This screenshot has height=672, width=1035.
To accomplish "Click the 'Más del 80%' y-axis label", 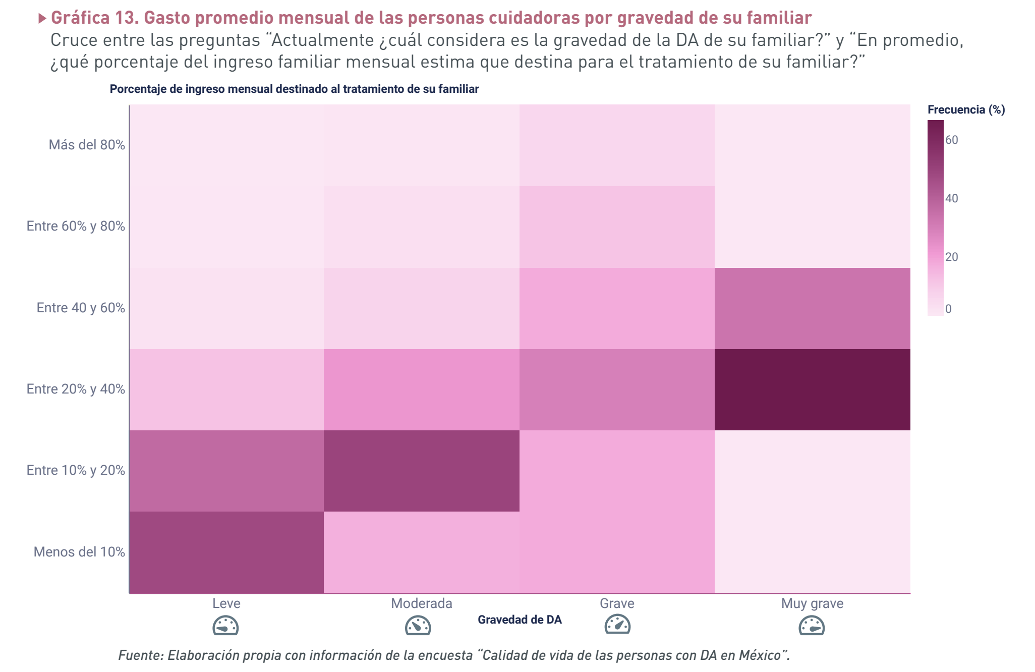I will pyautogui.click(x=87, y=145).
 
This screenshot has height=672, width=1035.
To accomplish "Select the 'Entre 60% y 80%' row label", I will pyautogui.click(x=76, y=226).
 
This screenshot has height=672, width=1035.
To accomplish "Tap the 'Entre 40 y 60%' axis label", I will pyautogui.click(x=81, y=308).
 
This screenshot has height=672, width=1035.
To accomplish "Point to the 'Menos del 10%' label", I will pyautogui.click(x=79, y=552).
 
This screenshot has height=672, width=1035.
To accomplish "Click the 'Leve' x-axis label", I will pyautogui.click(x=226, y=603).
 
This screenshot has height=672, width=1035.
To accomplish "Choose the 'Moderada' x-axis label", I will pyautogui.click(x=421, y=603).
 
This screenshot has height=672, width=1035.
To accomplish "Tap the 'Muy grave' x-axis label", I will pyautogui.click(x=812, y=603).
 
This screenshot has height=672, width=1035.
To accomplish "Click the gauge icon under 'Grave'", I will pyautogui.click(x=617, y=625).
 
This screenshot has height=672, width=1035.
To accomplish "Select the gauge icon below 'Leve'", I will pyautogui.click(x=225, y=626).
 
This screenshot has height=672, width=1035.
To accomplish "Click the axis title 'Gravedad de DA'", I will pyautogui.click(x=520, y=620).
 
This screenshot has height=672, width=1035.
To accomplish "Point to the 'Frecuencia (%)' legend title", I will pyautogui.click(x=966, y=109).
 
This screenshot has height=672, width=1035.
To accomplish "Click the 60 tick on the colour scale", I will pyautogui.click(x=952, y=140).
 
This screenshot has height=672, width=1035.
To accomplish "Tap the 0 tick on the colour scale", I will pyautogui.click(x=948, y=309).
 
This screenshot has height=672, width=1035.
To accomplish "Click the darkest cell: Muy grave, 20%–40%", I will pyautogui.click(x=812, y=389).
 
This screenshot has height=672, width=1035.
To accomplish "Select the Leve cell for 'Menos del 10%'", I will pyautogui.click(x=226, y=552).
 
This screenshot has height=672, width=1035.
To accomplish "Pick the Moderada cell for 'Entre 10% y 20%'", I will pyautogui.click(x=421, y=471).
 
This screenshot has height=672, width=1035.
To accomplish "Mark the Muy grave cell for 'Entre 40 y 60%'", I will pyautogui.click(x=812, y=308).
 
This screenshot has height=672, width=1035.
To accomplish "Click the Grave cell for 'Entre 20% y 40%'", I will pyautogui.click(x=617, y=389).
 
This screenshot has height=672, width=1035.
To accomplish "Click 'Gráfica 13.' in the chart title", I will pyautogui.click(x=95, y=18).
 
